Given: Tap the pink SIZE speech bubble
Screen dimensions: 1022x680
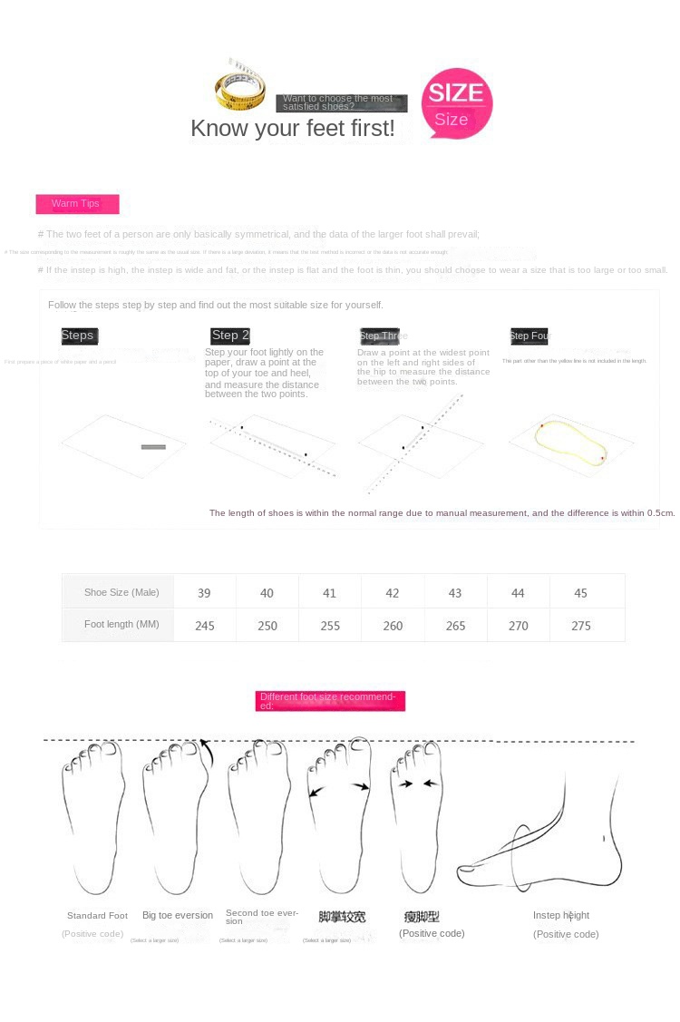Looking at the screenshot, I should tap(456, 102).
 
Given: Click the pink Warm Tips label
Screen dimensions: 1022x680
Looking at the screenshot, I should tap(77, 204).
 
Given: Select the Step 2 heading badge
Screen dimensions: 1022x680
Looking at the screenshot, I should tap(230, 336).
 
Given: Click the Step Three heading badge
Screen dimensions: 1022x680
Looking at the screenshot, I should tap(380, 336).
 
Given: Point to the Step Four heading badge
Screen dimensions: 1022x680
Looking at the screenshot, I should tap(529, 336).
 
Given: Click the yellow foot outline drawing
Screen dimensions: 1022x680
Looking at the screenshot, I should tap(570, 443).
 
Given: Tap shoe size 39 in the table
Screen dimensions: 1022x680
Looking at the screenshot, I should tap(204, 593).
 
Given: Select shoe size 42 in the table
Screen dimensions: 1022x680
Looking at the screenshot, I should tap(393, 593).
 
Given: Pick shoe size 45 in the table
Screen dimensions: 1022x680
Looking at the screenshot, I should tap(581, 593).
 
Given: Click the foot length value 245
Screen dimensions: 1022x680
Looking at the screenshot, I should tap(205, 626).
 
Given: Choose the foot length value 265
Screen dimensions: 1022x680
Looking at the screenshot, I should tap(455, 626).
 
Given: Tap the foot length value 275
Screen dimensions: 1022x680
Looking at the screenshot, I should tap(581, 626).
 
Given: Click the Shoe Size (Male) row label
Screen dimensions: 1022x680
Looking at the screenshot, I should tap(121, 592).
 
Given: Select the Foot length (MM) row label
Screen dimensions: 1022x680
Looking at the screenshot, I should tap(121, 625).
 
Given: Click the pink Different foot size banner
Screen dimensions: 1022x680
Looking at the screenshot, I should tap(330, 701).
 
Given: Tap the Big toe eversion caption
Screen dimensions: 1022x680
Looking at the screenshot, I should tap(178, 915).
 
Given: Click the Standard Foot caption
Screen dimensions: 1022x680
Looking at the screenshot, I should tap(97, 916).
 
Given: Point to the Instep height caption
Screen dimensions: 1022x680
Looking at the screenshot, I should tap(561, 915).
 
